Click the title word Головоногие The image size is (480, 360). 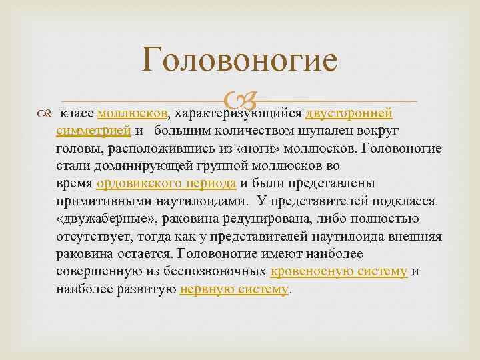[240, 60]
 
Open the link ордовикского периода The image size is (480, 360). [167, 183]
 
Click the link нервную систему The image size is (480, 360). [235, 290]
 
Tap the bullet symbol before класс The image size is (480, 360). [43, 111]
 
